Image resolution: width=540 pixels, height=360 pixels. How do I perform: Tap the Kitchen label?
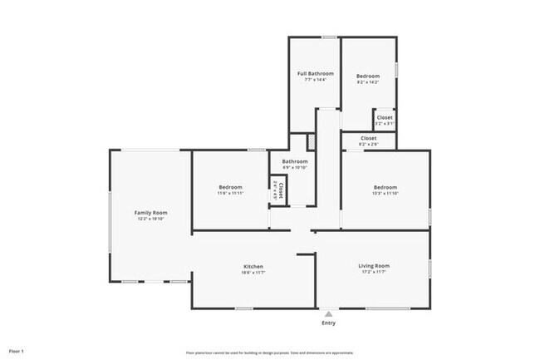click(x=253, y=267)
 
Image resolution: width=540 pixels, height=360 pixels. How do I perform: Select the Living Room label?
click(x=374, y=266)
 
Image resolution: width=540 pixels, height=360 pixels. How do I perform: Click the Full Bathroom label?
click(x=315, y=74)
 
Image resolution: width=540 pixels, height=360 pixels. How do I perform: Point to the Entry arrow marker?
click(x=329, y=313)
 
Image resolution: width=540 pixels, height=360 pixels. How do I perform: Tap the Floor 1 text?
click(x=17, y=352)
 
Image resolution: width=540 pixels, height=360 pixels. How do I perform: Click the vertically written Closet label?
click(x=280, y=193)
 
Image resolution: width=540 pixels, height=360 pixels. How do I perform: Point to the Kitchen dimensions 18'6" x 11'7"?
click(x=253, y=273)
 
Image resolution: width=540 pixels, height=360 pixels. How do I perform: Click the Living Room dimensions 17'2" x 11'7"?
click(x=374, y=272)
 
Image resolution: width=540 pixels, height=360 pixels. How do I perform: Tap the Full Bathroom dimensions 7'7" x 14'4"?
click(x=315, y=79)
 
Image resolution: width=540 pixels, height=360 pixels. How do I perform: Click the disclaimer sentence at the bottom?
click(x=270, y=352)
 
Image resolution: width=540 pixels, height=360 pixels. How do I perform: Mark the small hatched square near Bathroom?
click(x=312, y=141)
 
